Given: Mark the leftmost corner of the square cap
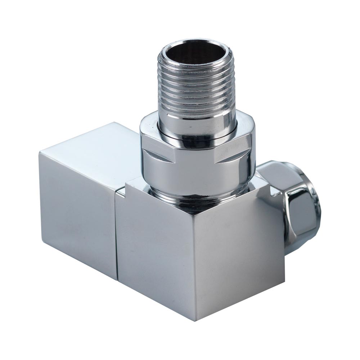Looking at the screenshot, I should click(x=39, y=153).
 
